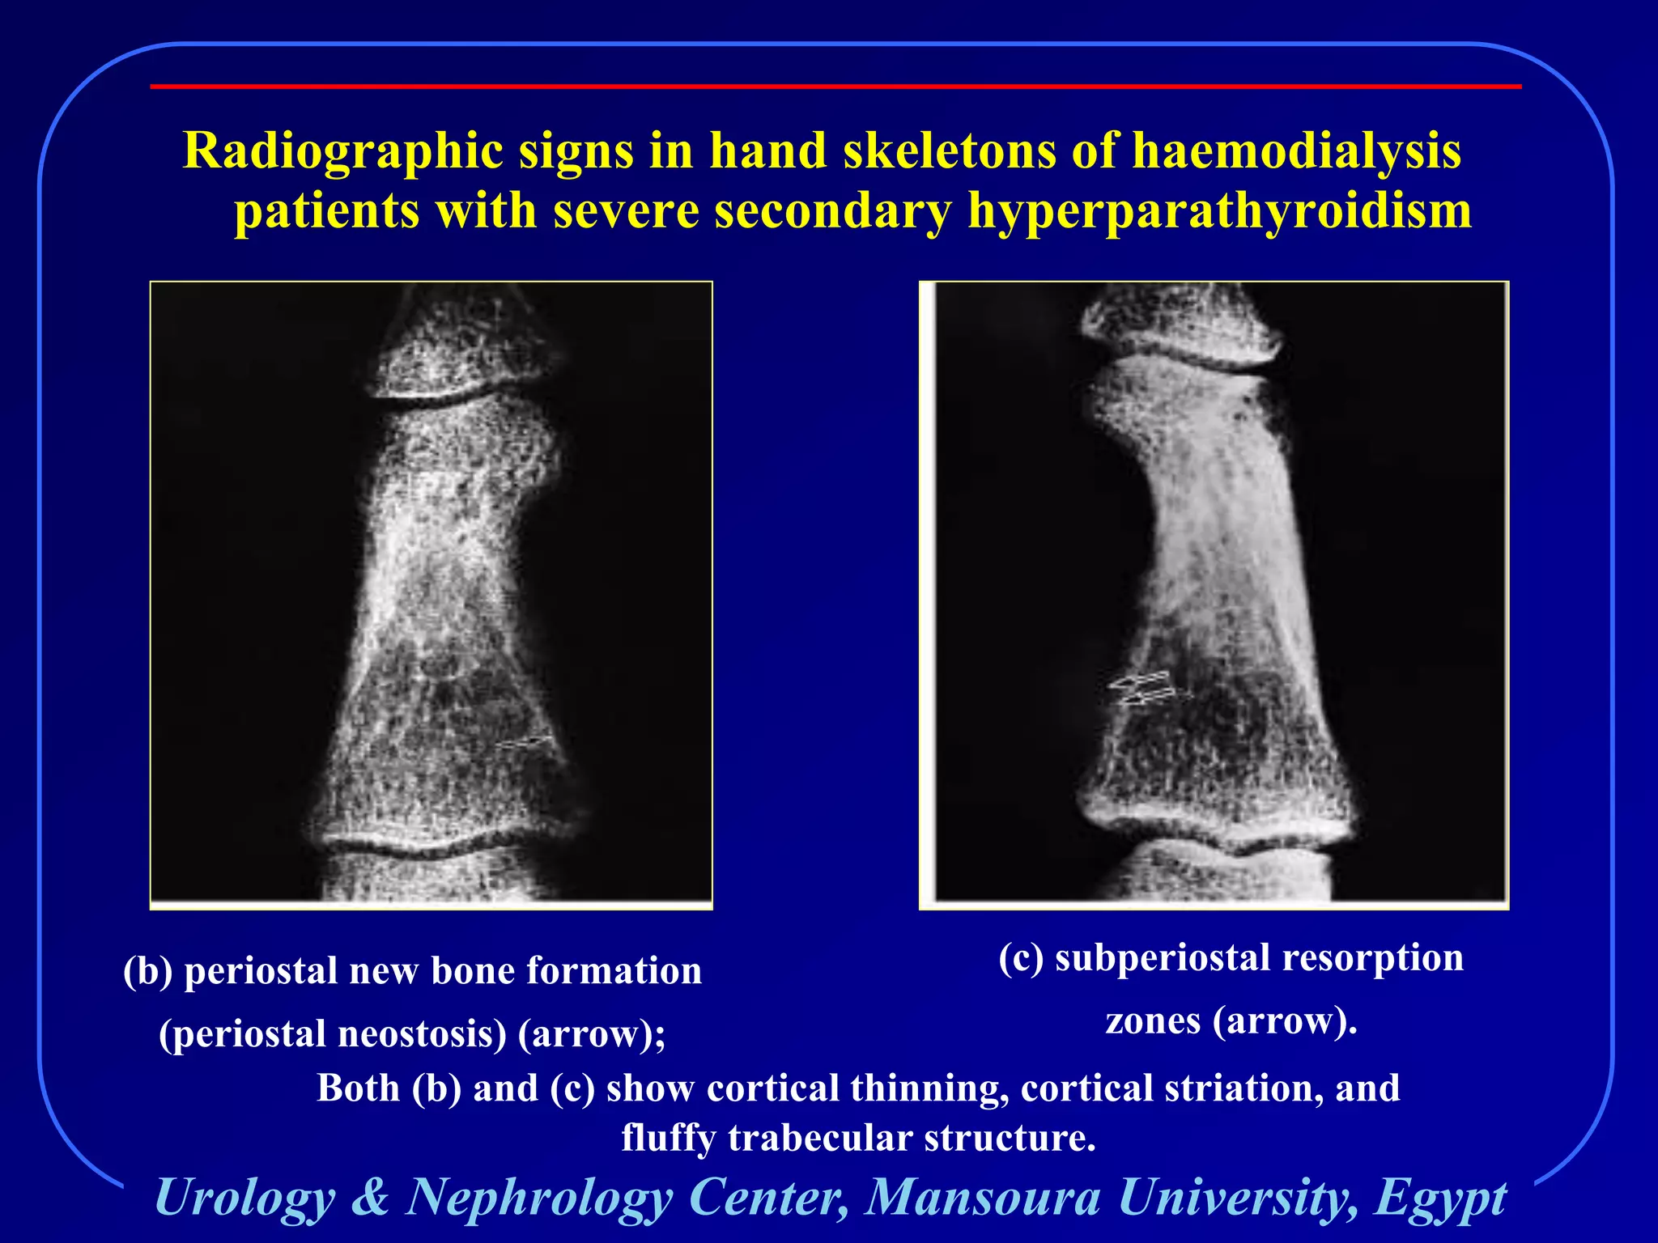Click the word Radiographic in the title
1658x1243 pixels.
click(342, 151)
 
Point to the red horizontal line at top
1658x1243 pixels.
click(834, 86)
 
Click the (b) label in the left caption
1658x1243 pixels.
click(147, 970)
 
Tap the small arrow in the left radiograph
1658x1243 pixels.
click(525, 742)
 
